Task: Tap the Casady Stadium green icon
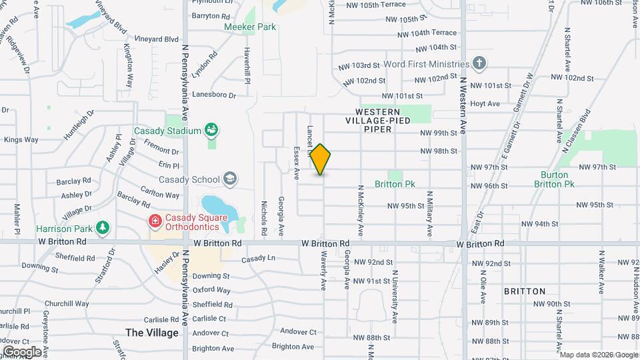click(212, 129)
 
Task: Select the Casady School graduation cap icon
click(230, 178)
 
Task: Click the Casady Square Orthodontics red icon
click(155, 219)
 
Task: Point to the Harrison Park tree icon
click(102, 228)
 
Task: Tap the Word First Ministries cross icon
click(478, 63)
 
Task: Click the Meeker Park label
click(250, 27)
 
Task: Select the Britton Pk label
click(395, 184)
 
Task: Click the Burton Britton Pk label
click(557, 179)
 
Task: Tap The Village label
click(152, 333)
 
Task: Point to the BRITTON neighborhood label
click(525, 291)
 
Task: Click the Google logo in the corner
click(22, 351)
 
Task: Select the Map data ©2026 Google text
click(599, 355)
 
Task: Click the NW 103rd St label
click(359, 66)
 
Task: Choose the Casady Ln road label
click(258, 259)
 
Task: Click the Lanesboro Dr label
click(213, 95)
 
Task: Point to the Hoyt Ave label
click(485, 103)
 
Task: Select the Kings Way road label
click(21, 139)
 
